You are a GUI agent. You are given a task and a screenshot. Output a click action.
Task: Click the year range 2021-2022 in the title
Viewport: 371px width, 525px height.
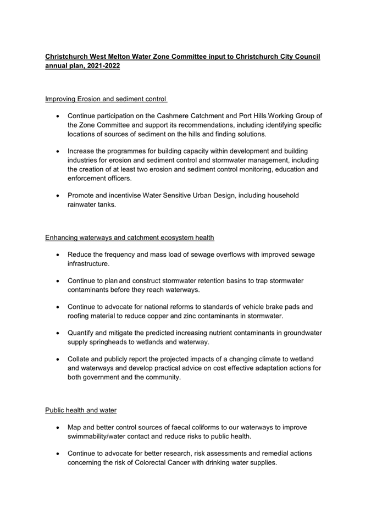tap(102, 65)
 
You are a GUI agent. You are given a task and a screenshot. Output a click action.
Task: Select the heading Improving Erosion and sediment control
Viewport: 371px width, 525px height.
tap(106, 99)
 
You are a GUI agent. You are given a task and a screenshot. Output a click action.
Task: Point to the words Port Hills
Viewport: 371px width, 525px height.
tap(257, 116)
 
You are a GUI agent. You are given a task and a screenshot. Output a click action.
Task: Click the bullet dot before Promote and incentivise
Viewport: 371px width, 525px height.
tap(58, 196)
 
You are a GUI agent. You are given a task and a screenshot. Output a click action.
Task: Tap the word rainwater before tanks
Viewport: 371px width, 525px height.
tap(84, 204)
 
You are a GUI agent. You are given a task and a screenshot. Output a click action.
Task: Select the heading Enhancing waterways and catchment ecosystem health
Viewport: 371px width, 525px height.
tap(130, 237)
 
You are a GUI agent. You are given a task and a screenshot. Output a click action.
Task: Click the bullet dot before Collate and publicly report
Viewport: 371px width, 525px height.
tap(58, 360)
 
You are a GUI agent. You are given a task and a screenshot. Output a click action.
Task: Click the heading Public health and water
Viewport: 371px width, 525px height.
tap(81, 410)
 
